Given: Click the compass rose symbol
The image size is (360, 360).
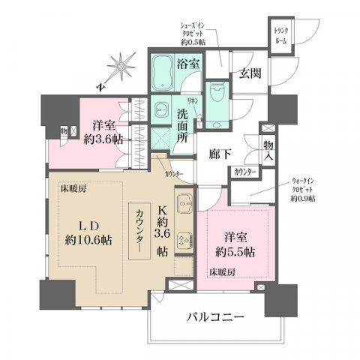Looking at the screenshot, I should (x=119, y=67).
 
